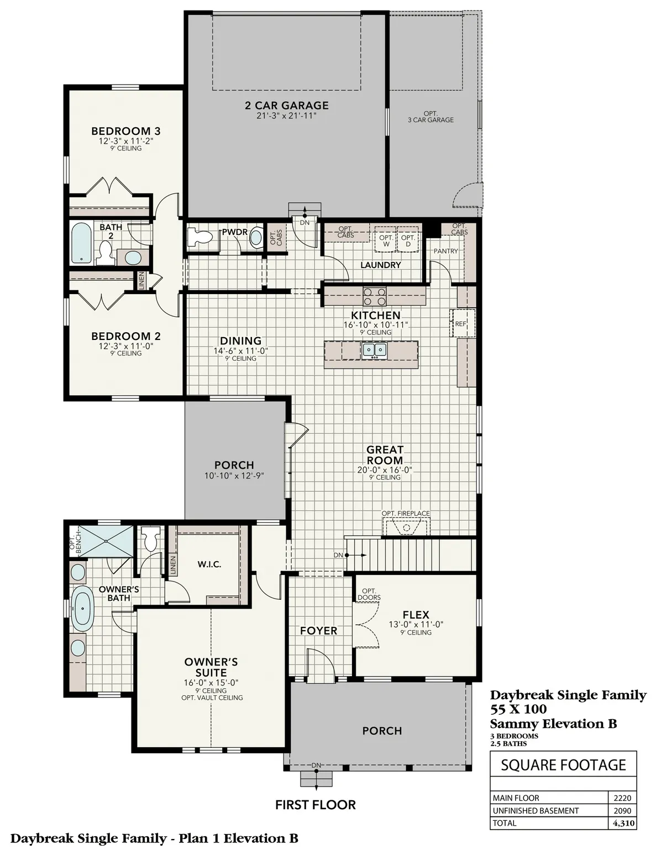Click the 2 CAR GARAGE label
point(286,105)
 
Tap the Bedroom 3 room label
point(125,131)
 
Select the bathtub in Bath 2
point(82,242)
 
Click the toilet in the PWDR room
point(198,237)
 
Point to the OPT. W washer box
point(386,240)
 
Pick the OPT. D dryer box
point(408,240)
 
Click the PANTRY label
point(445,251)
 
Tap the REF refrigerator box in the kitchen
point(460,324)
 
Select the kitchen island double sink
point(374,350)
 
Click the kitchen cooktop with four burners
point(374,297)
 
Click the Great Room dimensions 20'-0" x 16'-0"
point(385,470)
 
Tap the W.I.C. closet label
point(209,564)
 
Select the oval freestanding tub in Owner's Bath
point(82,609)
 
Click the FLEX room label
point(416,615)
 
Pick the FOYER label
point(318,631)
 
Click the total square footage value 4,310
point(623,823)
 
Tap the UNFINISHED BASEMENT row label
point(536,810)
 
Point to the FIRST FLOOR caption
point(315,805)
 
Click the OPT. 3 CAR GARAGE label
point(431,117)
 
